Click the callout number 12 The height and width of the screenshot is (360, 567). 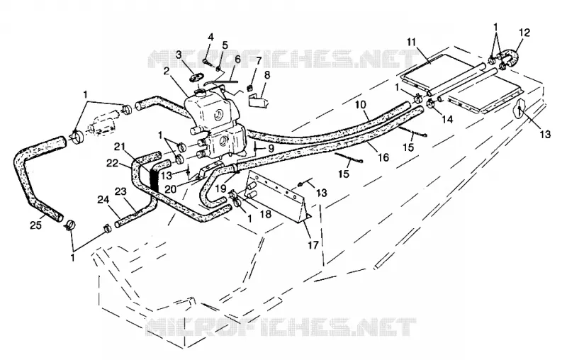pyautogui.click(x=524, y=33)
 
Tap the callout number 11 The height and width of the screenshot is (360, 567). pyautogui.click(x=411, y=42)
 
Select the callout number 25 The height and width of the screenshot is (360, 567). pyautogui.click(x=36, y=225)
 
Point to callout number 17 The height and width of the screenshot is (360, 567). pyautogui.click(x=313, y=245)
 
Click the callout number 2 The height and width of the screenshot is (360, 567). pyautogui.click(x=167, y=71)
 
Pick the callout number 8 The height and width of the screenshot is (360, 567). pyautogui.click(x=267, y=76)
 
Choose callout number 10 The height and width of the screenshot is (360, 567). pyautogui.click(x=361, y=105)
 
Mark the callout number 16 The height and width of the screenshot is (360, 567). pyautogui.click(x=383, y=157)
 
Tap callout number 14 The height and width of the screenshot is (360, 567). pyautogui.click(x=447, y=119)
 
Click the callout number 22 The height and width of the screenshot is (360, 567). pyautogui.click(x=113, y=164)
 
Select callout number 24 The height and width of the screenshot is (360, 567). pyautogui.click(x=103, y=199)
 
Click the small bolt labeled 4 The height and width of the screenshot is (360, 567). pyautogui.click(x=206, y=62)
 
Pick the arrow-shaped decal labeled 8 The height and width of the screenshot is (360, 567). pyautogui.click(x=258, y=101)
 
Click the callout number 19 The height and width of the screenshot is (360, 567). pyautogui.click(x=220, y=189)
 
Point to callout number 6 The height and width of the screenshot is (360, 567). pyautogui.click(x=237, y=60)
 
